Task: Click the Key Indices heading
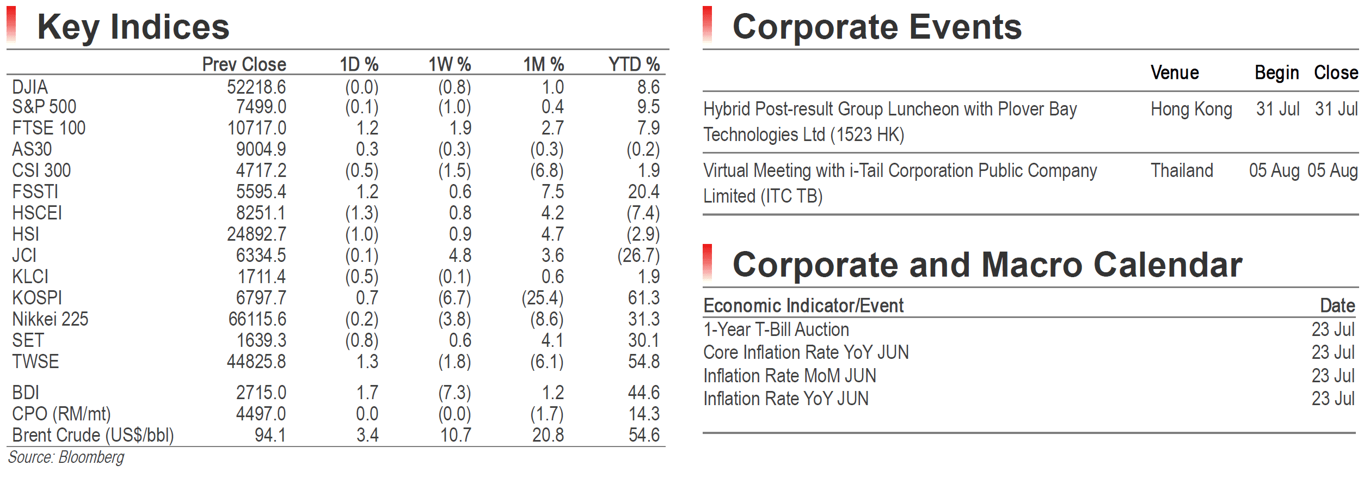point(133,27)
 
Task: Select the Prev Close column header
point(244,64)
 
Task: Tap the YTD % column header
point(634,64)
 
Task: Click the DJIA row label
point(30,87)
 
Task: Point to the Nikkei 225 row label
point(50,319)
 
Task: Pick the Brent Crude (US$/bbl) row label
point(93,435)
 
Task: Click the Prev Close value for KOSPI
point(261,298)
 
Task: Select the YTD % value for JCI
point(638,255)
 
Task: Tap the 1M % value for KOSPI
point(543,298)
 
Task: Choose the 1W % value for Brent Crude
point(456,435)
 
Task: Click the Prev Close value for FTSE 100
point(256,128)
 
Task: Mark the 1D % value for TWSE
point(367,362)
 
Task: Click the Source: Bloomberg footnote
point(66,457)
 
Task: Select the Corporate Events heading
point(877,27)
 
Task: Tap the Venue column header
point(1175,73)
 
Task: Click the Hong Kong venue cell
point(1191,109)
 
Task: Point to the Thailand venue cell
point(1182,170)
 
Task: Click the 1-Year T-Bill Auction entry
point(776,329)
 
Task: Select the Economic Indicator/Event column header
point(803,305)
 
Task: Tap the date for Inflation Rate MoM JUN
point(1333,376)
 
